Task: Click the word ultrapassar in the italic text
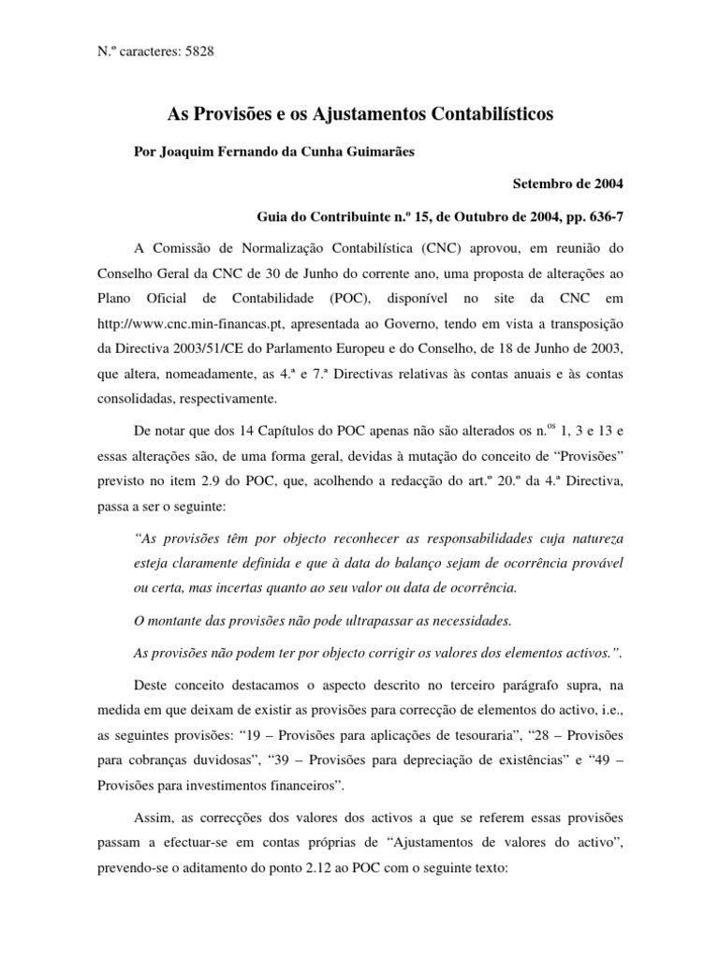tap(383, 620)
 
